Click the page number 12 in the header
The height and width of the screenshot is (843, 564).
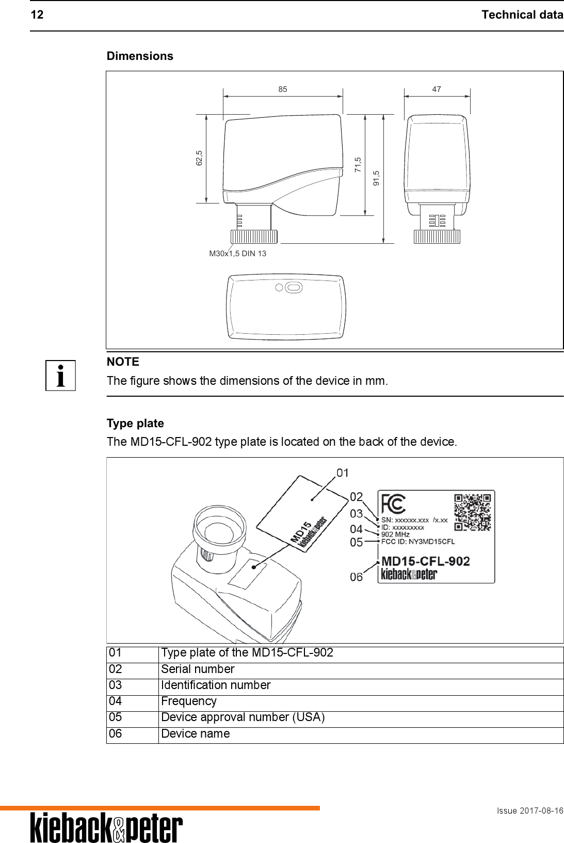point(37,15)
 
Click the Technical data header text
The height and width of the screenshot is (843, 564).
point(522,15)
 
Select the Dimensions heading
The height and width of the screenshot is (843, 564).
point(140,56)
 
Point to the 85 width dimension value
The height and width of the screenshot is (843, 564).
point(282,89)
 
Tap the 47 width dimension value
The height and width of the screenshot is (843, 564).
point(437,89)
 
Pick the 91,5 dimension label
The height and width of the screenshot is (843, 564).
point(377,178)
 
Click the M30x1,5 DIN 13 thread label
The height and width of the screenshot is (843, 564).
point(237,254)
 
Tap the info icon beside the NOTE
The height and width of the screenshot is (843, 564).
point(61,376)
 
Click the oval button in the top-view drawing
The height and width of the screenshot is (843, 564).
point(293,287)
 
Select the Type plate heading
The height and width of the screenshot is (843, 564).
point(135,424)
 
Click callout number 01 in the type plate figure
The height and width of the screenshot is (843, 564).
point(343,473)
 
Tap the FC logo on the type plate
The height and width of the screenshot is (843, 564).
point(393,503)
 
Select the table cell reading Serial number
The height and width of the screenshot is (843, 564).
point(198,669)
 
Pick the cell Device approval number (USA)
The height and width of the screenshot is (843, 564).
point(243,717)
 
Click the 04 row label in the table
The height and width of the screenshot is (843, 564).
point(116,701)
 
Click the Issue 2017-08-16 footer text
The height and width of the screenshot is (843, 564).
point(529,811)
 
